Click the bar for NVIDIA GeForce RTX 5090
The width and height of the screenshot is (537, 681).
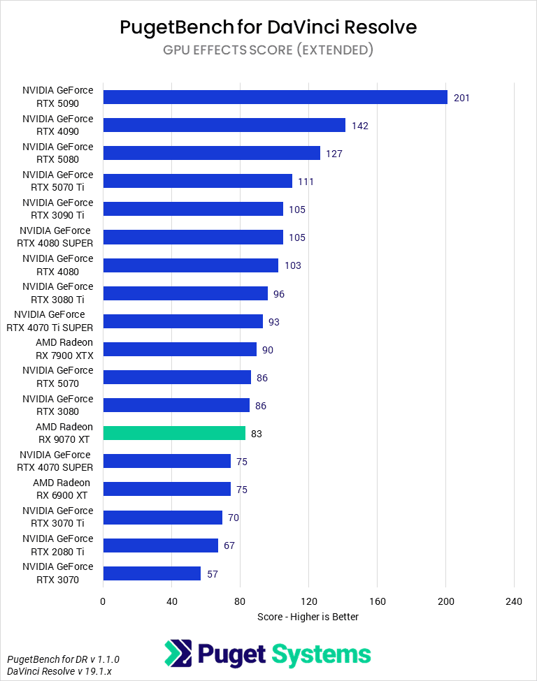[275, 97]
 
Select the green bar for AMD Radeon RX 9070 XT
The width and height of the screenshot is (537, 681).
[174, 433]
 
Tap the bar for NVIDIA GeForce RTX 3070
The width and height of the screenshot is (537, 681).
[152, 573]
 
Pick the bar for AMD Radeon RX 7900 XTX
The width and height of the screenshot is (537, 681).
[180, 349]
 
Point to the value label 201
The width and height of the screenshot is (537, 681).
[461, 98]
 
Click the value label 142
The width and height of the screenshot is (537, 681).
[360, 126]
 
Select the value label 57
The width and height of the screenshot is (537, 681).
[213, 574]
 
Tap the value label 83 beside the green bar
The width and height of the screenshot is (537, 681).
[257, 434]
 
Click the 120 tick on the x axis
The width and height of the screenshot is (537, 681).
[308, 601]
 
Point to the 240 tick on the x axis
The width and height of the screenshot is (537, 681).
[514, 601]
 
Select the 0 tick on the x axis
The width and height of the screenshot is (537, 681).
[103, 601]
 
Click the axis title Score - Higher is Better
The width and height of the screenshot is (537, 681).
[308, 617]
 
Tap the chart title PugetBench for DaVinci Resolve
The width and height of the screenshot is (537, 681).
[268, 27]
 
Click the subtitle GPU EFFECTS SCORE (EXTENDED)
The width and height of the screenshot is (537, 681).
[268, 50]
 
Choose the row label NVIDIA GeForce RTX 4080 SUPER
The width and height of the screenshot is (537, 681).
[55, 237]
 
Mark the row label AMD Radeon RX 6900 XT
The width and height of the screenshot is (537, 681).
[61, 489]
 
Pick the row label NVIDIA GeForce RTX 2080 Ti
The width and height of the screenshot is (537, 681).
[57, 545]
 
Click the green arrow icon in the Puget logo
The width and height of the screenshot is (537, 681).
[178, 654]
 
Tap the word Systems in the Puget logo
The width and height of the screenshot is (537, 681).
[321, 654]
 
